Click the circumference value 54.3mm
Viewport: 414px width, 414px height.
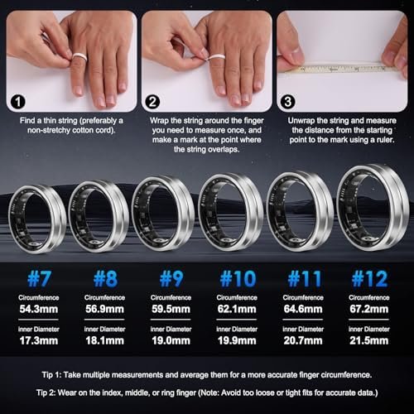pyautogui.click(x=36, y=311)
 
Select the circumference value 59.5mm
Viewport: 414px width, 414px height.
pyautogui.click(x=167, y=311)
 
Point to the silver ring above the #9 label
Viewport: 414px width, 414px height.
pyautogui.click(x=163, y=214)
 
